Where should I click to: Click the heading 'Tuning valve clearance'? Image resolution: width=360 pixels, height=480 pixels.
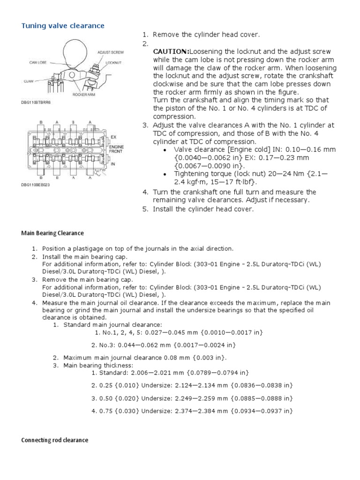point(63,25)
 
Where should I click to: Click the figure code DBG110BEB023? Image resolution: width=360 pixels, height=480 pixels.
point(34,185)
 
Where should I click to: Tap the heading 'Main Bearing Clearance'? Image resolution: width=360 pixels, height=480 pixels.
point(52,233)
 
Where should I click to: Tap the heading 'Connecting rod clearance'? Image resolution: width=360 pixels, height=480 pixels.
point(54,440)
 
